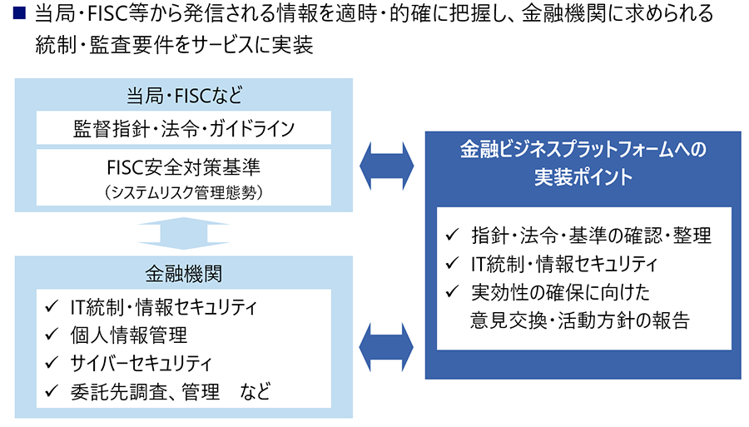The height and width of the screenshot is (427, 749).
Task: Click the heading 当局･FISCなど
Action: click(185, 96)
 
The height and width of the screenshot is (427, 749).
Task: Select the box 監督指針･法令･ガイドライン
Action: click(184, 128)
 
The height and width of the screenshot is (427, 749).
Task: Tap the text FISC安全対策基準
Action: click(184, 167)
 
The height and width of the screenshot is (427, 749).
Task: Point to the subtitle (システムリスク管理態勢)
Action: click(184, 192)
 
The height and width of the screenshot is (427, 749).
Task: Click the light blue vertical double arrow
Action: click(184, 234)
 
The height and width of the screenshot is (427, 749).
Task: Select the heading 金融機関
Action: click(184, 274)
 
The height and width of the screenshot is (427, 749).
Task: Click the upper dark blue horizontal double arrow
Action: click(387, 166)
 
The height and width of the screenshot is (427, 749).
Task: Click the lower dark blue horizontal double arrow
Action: click(387, 347)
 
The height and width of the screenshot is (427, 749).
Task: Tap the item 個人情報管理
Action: click(129, 335)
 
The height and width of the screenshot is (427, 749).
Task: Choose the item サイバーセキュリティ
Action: click(141, 363)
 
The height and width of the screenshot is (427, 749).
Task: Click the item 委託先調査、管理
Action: click(145, 392)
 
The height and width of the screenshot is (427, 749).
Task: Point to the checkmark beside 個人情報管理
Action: click(52, 335)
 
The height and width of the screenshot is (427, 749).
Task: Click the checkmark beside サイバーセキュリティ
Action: click(52, 363)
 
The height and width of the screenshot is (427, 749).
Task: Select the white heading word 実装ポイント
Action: click(583, 176)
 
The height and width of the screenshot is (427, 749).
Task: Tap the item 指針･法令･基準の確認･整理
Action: click(592, 235)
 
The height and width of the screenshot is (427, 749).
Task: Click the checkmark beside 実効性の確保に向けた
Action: click(452, 291)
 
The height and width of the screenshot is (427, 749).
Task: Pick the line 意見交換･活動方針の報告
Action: click(580, 320)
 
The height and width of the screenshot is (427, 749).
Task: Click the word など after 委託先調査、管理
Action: click(255, 392)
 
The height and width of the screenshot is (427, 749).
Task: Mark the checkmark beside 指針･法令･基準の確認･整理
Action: click(452, 235)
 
